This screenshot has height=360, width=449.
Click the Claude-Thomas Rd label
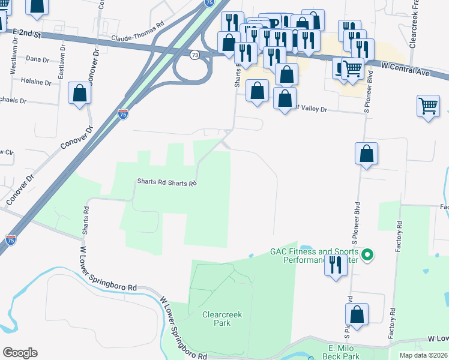click(137, 37)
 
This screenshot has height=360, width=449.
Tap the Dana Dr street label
click(37, 59)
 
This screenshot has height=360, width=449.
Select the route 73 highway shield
click(194, 55)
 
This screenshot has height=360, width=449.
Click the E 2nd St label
click(26, 34)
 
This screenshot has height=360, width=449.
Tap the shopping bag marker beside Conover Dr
click(80, 94)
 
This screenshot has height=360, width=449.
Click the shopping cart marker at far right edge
click(429, 106)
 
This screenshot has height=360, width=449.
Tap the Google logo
click(20, 353)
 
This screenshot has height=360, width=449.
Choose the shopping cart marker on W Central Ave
click(352, 68)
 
